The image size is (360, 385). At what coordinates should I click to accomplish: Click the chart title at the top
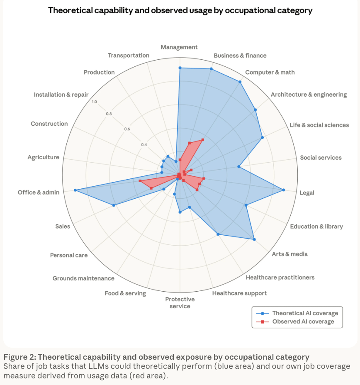pos(180,10)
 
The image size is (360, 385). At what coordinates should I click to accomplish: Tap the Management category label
pos(179,47)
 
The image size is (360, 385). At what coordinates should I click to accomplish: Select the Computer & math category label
pos(270,72)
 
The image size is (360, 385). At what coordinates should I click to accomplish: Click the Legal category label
pos(307,192)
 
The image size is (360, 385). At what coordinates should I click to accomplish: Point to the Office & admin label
pos(39,192)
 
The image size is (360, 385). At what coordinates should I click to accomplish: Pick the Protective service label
pos(180,303)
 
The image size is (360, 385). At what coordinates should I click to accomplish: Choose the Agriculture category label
pos(43,157)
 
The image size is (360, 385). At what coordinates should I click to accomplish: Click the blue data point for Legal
pos(284,190)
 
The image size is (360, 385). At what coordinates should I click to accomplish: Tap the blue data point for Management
pos(180,68)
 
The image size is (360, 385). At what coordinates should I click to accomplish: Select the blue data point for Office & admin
pos(75,190)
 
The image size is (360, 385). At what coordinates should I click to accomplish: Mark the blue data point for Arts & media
pos(254,239)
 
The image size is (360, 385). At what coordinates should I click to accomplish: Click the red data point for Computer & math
pos(203,140)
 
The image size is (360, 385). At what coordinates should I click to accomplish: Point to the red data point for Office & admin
pos(140,181)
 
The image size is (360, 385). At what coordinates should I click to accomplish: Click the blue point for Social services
pos(239,167)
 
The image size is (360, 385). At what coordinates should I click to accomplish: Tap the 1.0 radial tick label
pos(95,102)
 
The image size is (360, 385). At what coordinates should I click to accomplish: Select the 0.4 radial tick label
pos(144,145)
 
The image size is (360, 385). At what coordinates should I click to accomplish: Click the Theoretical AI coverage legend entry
pos(305,313)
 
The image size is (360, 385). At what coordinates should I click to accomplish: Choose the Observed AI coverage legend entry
pos(303,322)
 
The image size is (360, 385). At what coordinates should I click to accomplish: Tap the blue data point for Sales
pos(114,205)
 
